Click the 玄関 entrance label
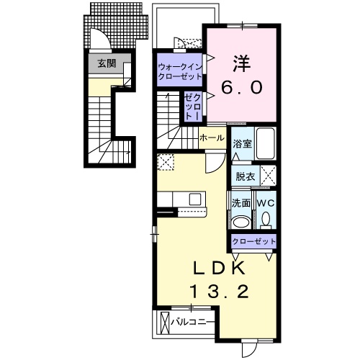pos(107,63)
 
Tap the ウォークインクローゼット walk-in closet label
pos(180,71)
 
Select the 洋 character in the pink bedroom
pos(242,63)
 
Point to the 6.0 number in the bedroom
pos(242,87)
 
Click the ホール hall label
pos(212,138)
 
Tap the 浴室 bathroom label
pos(243,144)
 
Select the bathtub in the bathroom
pos(265,143)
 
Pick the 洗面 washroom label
pos(241,203)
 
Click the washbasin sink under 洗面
pos(241,222)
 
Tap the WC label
pos(266,204)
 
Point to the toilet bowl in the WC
pos(266,220)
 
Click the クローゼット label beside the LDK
pos(253,241)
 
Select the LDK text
pos(219,268)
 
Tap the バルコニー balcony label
pos(192,322)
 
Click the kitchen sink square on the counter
pos(195,199)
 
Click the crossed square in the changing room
pos(269,176)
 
